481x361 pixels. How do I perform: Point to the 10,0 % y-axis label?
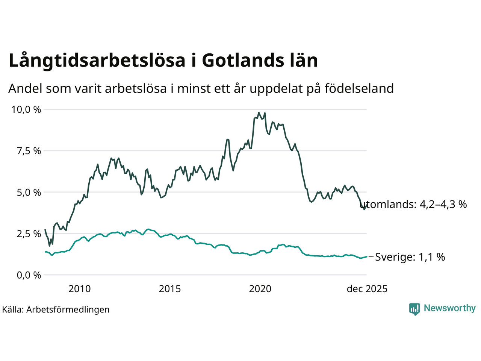(x=26, y=109)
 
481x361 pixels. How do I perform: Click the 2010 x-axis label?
(x=79, y=289)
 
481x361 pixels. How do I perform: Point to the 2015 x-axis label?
(x=170, y=289)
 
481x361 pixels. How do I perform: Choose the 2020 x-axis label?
(x=260, y=289)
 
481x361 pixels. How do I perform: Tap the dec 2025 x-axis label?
(x=367, y=289)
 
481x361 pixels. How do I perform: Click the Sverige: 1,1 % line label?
(x=410, y=257)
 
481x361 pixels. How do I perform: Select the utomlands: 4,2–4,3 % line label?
(x=413, y=204)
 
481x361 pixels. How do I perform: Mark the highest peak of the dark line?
(x=259, y=112)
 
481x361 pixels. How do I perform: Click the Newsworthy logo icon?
(x=414, y=309)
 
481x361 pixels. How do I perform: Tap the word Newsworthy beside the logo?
(x=449, y=308)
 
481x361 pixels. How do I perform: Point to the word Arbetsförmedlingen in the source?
(x=68, y=309)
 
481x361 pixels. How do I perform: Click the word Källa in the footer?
(x=13, y=309)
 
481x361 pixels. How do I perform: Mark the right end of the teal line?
(x=366, y=256)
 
